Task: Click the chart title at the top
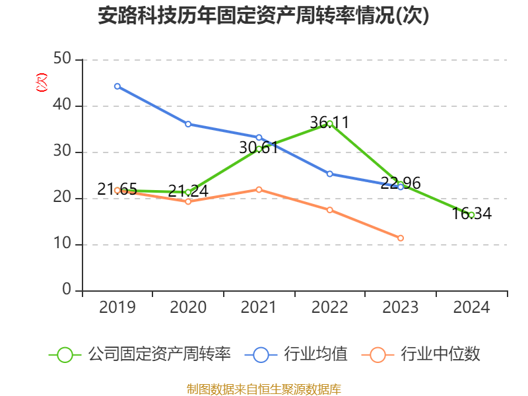point(263,16)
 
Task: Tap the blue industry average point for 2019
point(117,86)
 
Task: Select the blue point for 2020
point(188,124)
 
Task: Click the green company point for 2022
point(330,123)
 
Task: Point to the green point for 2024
point(471,214)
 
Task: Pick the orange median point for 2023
point(401,238)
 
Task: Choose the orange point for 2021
point(259,189)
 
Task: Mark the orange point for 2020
point(188,201)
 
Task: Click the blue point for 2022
point(330,174)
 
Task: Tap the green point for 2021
point(259,149)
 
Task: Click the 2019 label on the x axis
point(117,308)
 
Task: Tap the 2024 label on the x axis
point(471,308)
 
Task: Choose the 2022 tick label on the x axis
point(330,308)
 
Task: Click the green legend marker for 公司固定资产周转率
point(65,354)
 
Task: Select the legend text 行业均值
point(315,354)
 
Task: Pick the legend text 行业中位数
point(440,354)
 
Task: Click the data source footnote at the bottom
point(263,389)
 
